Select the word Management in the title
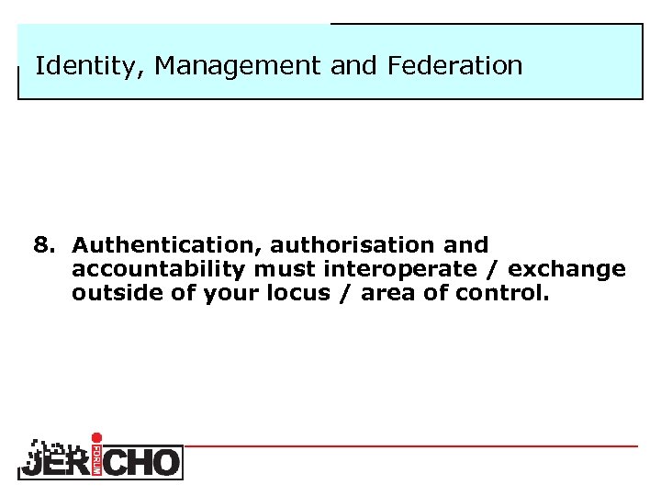click(x=225, y=66)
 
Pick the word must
click(x=285, y=270)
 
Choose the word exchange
click(x=566, y=270)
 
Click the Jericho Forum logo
click(x=100, y=457)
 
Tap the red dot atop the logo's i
click(x=97, y=438)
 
